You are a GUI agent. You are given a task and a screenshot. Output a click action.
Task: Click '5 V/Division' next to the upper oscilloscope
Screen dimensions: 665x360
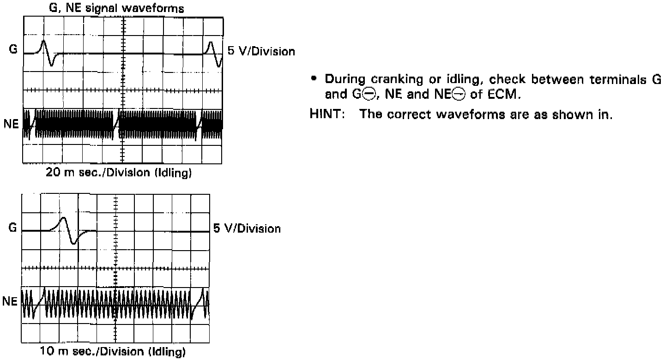(x=261, y=51)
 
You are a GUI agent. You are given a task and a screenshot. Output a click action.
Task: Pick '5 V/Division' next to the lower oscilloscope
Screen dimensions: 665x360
(x=247, y=228)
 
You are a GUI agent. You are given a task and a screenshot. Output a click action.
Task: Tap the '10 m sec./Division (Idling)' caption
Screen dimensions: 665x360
(x=113, y=353)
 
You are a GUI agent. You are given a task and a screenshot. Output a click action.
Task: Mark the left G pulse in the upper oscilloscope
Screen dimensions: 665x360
(x=48, y=53)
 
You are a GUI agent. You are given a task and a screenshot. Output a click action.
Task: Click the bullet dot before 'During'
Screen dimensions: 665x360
(x=314, y=79)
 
